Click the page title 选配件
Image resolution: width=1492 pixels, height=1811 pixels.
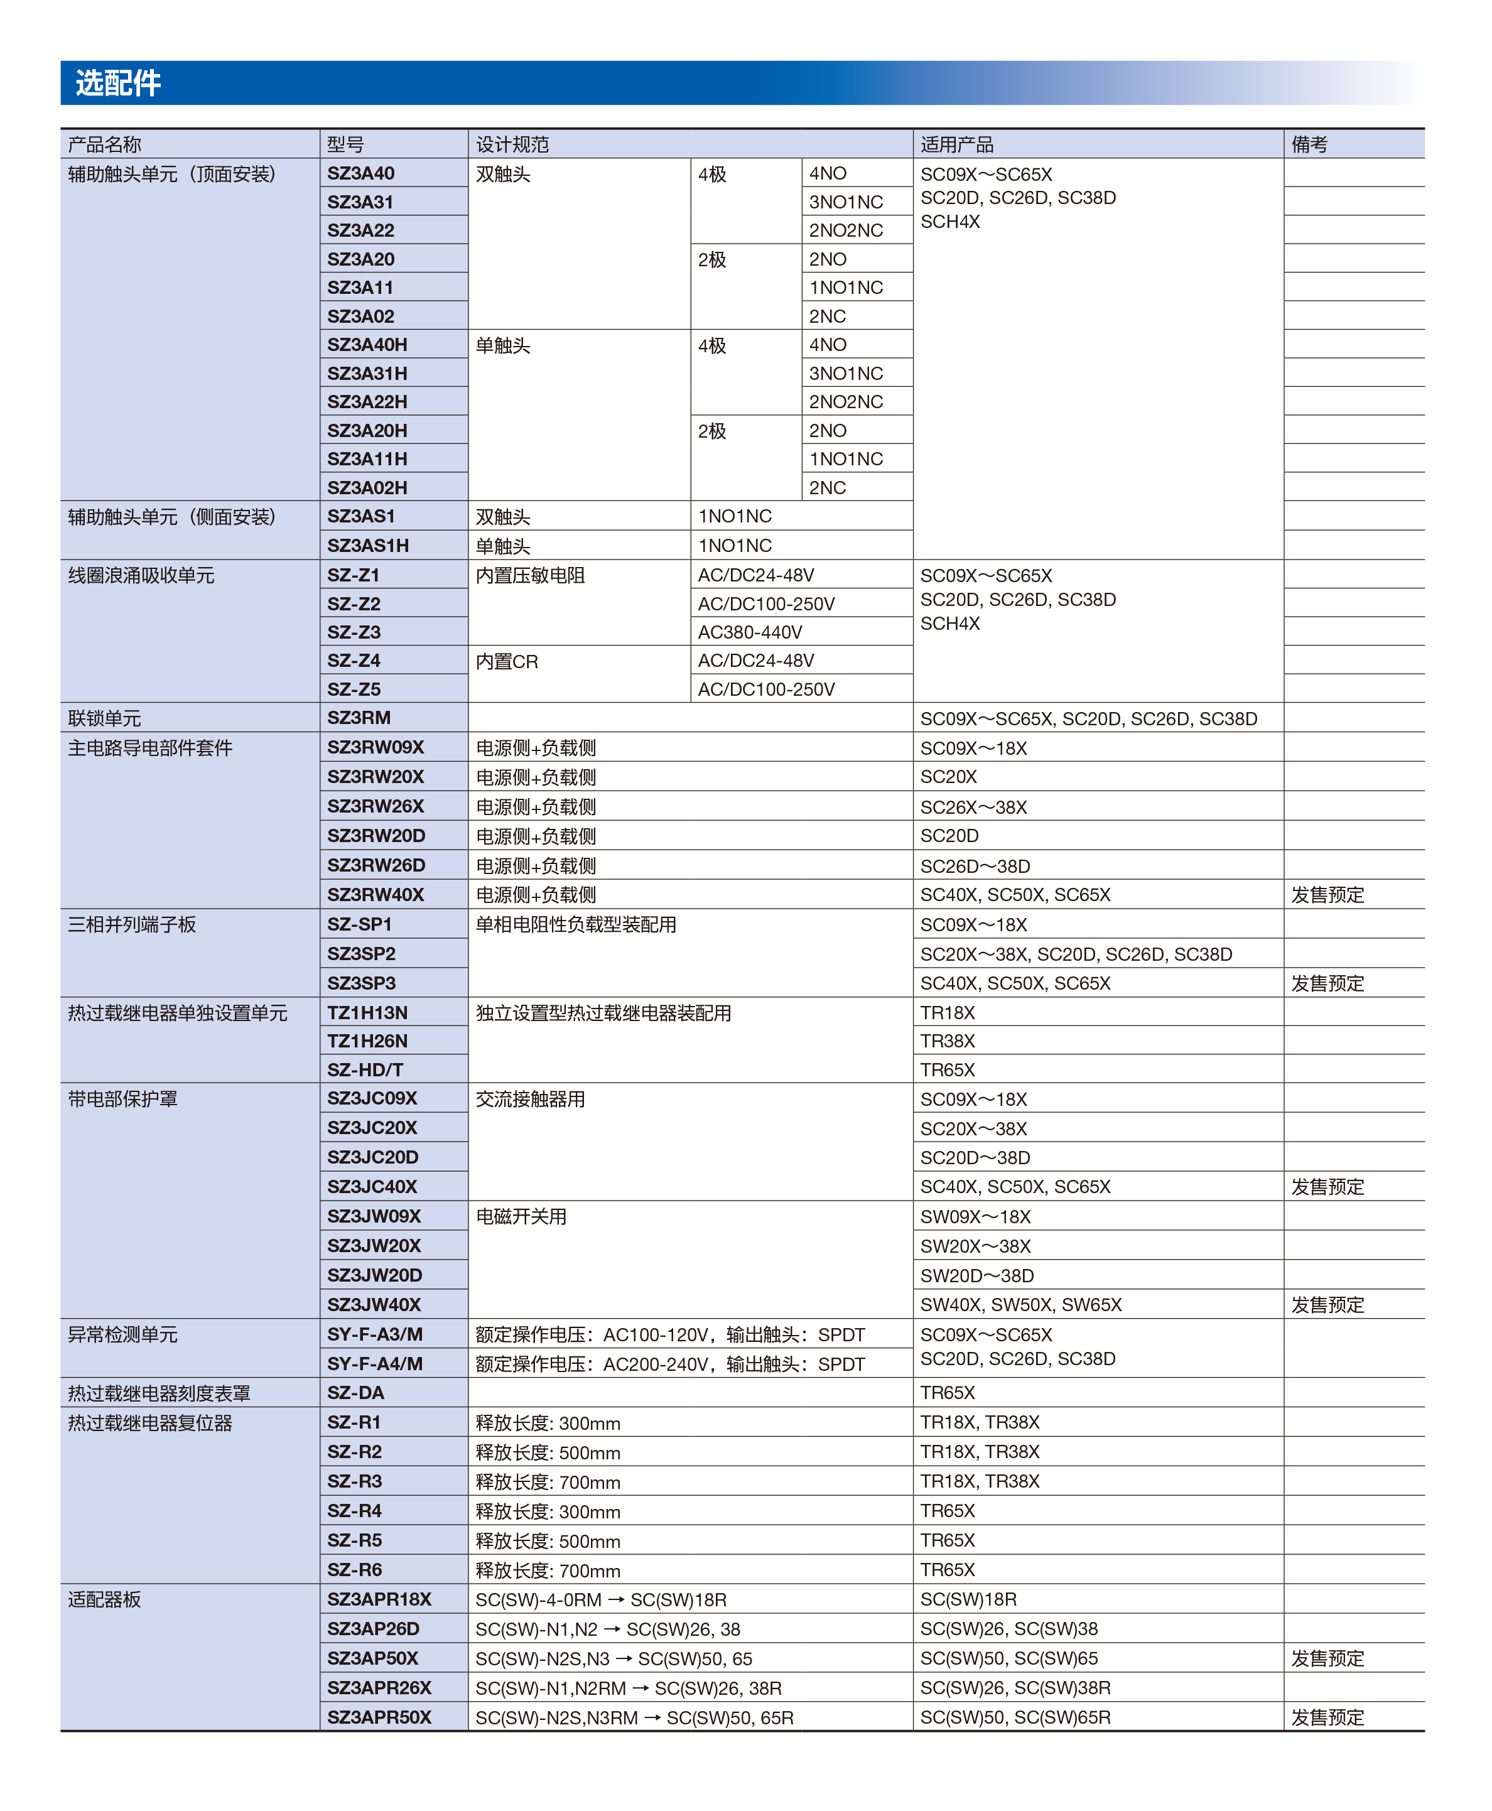point(118,84)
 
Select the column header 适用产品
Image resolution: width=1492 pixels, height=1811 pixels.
point(956,144)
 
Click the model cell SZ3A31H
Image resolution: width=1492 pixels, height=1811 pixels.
point(367,373)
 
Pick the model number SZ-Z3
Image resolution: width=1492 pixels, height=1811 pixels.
point(354,632)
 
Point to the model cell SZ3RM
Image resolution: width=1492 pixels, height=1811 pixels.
point(359,718)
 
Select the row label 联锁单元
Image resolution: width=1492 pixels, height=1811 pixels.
point(104,718)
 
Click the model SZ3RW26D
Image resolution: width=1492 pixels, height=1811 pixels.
point(376,865)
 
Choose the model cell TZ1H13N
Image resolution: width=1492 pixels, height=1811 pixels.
point(367,1012)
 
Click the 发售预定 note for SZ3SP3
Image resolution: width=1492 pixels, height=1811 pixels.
point(1327,983)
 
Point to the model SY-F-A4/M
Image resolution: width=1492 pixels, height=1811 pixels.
point(375,1363)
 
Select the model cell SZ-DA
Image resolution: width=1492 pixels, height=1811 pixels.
point(355,1392)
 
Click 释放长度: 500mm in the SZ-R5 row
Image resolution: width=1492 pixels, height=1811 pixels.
point(548,1541)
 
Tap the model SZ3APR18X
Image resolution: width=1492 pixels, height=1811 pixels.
point(379,1599)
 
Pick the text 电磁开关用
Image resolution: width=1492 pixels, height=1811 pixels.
point(521,1216)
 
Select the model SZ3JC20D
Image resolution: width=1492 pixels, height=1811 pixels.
point(372,1157)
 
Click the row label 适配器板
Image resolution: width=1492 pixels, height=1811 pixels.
point(104,1599)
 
